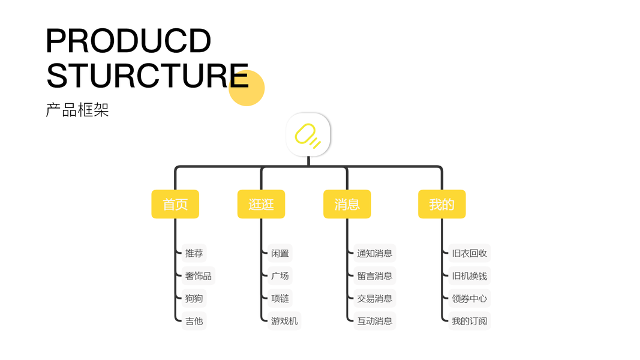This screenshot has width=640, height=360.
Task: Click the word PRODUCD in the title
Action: [128, 41]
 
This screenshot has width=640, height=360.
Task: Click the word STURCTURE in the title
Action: [147, 75]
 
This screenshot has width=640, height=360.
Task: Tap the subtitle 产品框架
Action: [77, 110]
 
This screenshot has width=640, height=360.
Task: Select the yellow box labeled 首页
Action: [175, 204]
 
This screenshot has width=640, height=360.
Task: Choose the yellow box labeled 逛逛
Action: [261, 204]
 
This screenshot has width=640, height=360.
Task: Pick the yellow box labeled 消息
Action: [347, 204]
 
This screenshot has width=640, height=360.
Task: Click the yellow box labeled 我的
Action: [441, 204]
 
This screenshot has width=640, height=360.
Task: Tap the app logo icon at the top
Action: [308, 135]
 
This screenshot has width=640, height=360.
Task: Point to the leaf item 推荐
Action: [194, 253]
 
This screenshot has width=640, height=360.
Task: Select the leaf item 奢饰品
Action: [198, 276]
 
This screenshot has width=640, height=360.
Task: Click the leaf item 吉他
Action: [194, 321]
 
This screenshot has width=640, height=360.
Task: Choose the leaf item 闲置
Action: [280, 253]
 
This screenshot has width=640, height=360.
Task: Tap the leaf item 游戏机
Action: [284, 321]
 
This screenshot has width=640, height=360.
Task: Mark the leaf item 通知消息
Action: [374, 253]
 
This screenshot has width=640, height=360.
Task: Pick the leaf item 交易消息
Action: [374, 298]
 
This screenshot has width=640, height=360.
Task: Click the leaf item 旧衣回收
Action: [469, 253]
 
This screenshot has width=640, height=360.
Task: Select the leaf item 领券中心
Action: [469, 298]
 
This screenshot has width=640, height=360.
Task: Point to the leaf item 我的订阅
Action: [469, 321]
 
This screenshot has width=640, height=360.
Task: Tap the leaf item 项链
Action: [280, 298]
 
